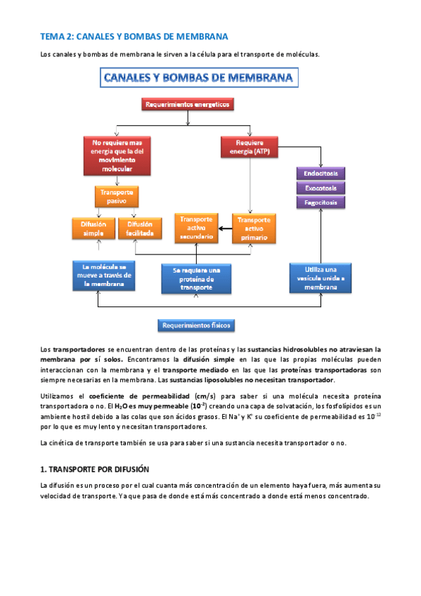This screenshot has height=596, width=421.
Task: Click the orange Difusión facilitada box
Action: coord(141,228)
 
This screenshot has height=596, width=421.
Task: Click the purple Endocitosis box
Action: coord(320,173)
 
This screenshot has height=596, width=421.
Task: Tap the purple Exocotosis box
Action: coord(320,188)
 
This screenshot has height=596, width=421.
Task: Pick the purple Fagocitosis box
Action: coord(320,202)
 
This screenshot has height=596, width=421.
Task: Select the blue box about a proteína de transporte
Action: coord(196,278)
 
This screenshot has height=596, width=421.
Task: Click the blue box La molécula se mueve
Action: coord(103,276)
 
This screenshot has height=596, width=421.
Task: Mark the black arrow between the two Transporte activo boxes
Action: coord(225,228)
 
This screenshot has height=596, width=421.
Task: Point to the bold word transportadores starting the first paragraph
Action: coord(79,349)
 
